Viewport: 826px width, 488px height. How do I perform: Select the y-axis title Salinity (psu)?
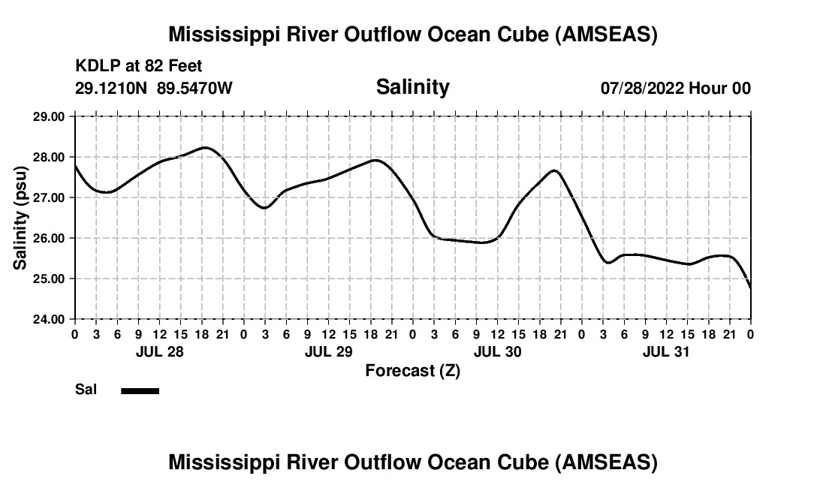20,218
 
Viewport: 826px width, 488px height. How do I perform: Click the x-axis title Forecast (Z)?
412,370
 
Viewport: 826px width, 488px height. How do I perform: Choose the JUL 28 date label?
159,351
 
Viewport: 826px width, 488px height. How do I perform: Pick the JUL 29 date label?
328,351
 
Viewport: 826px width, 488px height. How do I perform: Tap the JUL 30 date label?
497,351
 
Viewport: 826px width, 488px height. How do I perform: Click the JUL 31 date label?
666,351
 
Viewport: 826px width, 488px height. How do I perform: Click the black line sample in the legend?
140,390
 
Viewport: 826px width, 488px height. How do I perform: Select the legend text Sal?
85,390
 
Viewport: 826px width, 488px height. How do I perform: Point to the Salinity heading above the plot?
412,87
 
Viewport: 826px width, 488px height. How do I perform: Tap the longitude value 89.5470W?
194,89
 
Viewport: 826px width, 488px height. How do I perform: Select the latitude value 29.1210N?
113,89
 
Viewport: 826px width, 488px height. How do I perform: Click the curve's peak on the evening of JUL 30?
554,170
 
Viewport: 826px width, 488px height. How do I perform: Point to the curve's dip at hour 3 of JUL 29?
264,208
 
